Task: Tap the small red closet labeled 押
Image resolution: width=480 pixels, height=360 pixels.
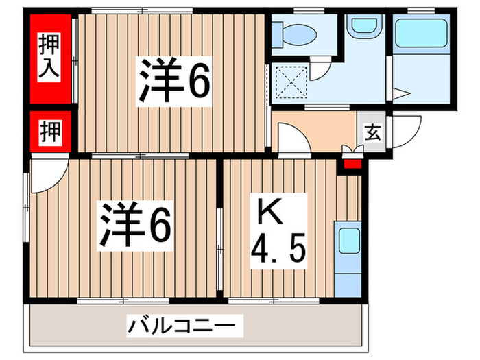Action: pos(51,132)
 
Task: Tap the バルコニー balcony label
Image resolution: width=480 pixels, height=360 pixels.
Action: pos(184,324)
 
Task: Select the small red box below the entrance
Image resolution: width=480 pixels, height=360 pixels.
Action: pos(352,162)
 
